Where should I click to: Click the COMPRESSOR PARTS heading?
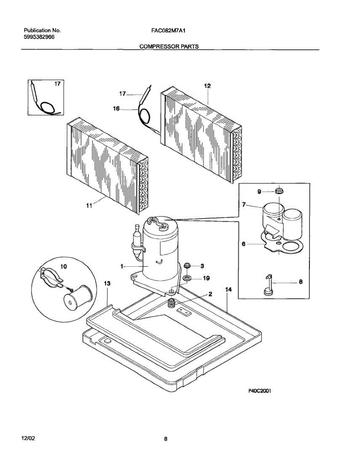(x=169, y=46)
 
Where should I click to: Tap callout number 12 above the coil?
(x=207, y=86)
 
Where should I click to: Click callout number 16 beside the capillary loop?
(x=116, y=109)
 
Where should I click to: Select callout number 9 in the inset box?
(x=259, y=191)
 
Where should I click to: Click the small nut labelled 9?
(x=279, y=191)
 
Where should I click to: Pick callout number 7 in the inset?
(x=244, y=205)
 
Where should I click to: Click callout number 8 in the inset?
(x=301, y=282)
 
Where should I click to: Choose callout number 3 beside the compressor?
(x=202, y=265)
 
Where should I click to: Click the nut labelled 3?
(x=188, y=265)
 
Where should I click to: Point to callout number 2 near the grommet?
(x=210, y=294)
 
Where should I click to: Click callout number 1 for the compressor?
(x=122, y=266)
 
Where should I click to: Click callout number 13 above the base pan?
(x=107, y=283)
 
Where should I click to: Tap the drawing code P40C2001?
(x=260, y=391)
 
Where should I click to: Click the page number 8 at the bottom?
(x=165, y=439)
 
